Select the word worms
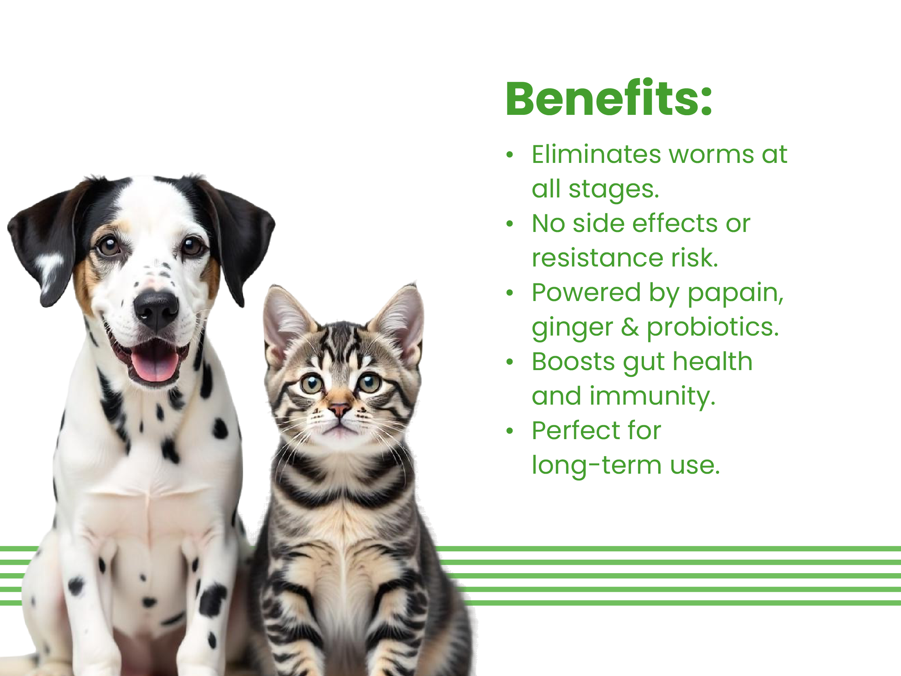click(x=711, y=155)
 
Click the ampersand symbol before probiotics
click(x=630, y=327)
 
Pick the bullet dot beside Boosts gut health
click(x=510, y=362)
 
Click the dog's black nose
click(x=156, y=310)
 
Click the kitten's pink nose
click(x=339, y=409)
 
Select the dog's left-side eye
click(x=109, y=246)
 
